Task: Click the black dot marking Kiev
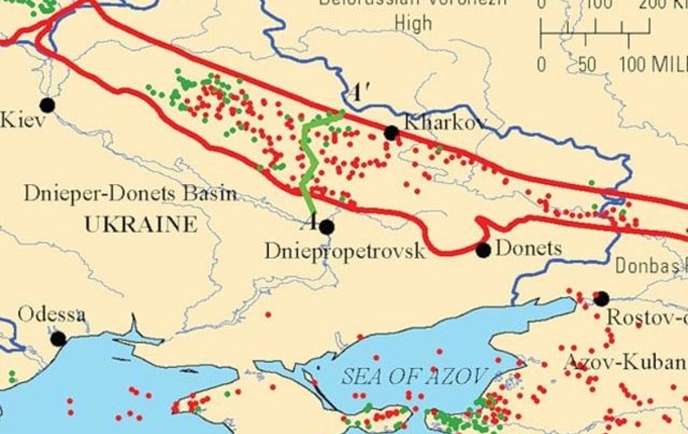[47, 105]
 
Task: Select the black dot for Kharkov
[391, 133]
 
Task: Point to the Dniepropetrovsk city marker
[327, 227]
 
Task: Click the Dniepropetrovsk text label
[345, 252]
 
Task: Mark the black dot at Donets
[483, 250]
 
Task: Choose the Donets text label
[529, 249]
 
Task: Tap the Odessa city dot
[58, 339]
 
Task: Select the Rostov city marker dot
[601, 299]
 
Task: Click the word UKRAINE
[141, 225]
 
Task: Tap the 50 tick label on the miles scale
[587, 64]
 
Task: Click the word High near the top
[413, 23]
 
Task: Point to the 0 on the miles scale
[541, 64]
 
